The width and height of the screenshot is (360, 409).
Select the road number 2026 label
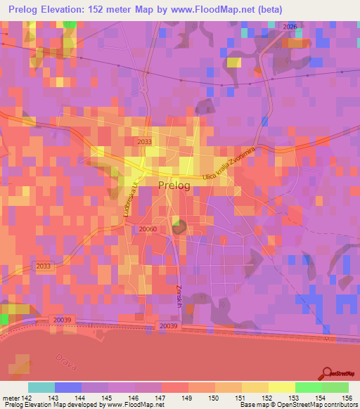pyautogui.click(x=291, y=26)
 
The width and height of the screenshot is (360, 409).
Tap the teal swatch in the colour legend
pyautogui.click(x=41, y=387)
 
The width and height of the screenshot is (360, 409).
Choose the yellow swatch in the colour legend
pyautogui.click(x=281, y=387)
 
